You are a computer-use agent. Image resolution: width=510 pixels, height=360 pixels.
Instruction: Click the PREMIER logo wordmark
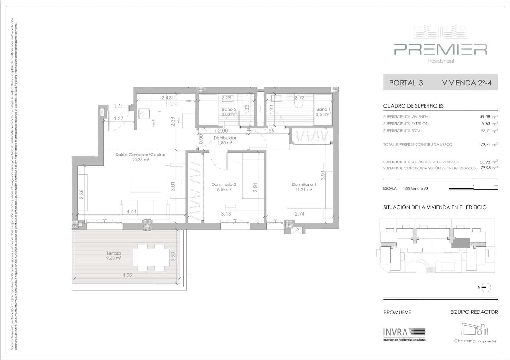pyautogui.click(x=441, y=49)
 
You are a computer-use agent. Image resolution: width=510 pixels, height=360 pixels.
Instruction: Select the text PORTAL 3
pyautogui.click(x=406, y=83)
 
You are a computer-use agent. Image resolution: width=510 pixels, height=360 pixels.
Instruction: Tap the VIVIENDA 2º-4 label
pyautogui.click(x=467, y=83)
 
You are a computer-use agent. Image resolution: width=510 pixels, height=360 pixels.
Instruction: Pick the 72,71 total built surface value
pyautogui.click(x=485, y=145)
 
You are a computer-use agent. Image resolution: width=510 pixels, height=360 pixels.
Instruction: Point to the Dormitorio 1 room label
pyautogui.click(x=304, y=184)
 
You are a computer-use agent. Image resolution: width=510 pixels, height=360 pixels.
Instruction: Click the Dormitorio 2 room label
pyautogui.click(x=224, y=184)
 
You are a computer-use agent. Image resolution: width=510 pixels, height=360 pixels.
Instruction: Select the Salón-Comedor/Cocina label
pyautogui.click(x=141, y=155)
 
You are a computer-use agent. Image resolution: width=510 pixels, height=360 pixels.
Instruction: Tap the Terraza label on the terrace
pyautogui.click(x=114, y=253)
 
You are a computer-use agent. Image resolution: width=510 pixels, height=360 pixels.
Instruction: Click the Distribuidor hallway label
pyautogui.click(x=225, y=138)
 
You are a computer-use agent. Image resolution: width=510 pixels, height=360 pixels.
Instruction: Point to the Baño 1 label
pyautogui.click(x=323, y=109)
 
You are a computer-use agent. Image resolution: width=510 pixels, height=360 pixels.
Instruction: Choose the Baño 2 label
pyautogui.click(x=229, y=109)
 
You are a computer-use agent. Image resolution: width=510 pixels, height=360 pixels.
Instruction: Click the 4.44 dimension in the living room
pyautogui.click(x=132, y=212)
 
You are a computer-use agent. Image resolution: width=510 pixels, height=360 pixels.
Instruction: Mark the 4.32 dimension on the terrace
pyautogui.click(x=127, y=275)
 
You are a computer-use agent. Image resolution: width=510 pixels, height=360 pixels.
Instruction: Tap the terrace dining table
pyautogui.click(x=151, y=257)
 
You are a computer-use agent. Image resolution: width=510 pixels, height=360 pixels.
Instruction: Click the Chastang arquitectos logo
pyautogui.click(x=475, y=333)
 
